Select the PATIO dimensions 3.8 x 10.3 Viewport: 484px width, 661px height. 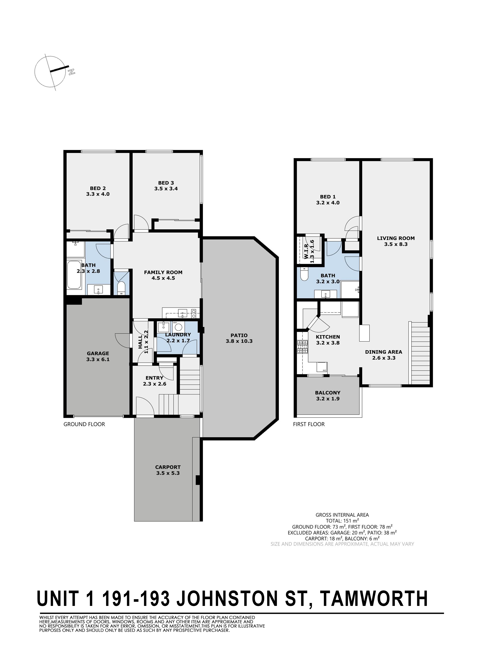(x=239, y=341)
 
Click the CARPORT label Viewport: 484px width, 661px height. (x=168, y=467)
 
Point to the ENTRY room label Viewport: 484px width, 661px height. (x=154, y=378)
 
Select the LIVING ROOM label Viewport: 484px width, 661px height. (x=396, y=238)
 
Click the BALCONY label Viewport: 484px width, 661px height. (x=328, y=393)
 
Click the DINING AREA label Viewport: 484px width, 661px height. (x=384, y=352)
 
